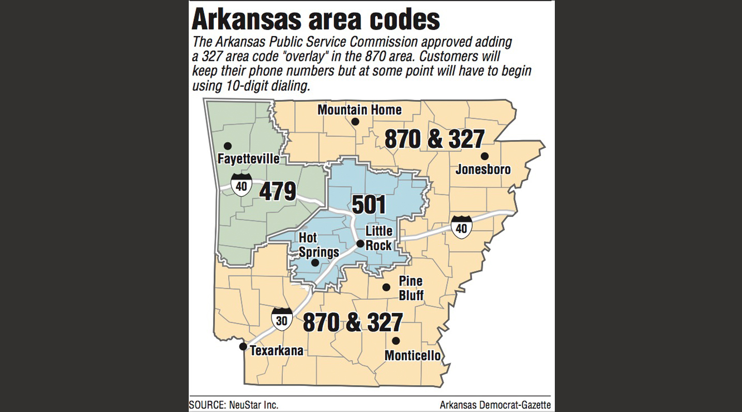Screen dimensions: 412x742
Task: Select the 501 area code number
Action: click(x=369, y=205)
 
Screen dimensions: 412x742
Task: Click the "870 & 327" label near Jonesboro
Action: click(x=434, y=140)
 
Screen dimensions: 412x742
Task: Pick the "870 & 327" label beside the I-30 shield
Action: click(x=353, y=323)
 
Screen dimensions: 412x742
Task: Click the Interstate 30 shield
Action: click(x=282, y=319)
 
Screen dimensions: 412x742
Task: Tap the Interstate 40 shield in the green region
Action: click(x=241, y=185)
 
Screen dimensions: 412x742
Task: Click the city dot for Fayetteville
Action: click(x=228, y=146)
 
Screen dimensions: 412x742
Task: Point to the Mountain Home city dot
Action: click(x=355, y=122)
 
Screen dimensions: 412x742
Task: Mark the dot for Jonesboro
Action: click(x=484, y=156)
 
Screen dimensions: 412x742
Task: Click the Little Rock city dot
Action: click(x=360, y=243)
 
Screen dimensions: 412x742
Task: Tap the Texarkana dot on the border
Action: click(x=243, y=346)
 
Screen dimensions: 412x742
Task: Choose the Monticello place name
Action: click(x=413, y=356)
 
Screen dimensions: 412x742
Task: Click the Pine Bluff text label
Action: click(x=411, y=288)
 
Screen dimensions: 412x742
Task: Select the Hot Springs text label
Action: click(x=319, y=245)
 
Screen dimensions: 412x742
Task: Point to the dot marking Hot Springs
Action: click(x=314, y=263)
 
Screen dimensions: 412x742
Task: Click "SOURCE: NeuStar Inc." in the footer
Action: click(x=234, y=405)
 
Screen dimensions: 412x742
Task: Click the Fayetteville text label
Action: click(x=248, y=159)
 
